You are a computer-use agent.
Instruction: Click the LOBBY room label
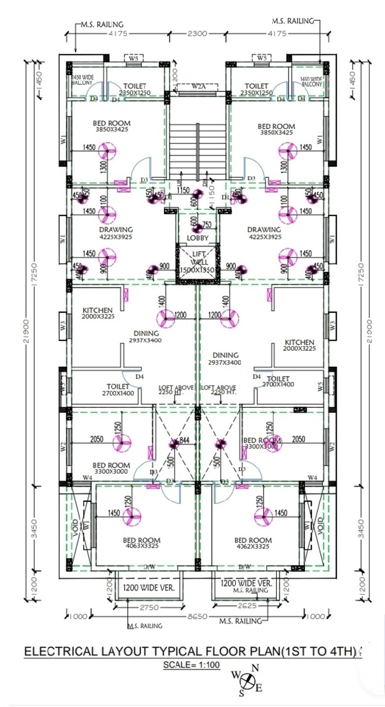coord(198,238)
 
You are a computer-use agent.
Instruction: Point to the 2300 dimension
coord(197,34)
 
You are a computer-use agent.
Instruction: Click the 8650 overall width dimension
coord(197,617)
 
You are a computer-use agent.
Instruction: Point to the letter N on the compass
coord(255,668)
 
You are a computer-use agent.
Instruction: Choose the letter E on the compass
coord(259,687)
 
